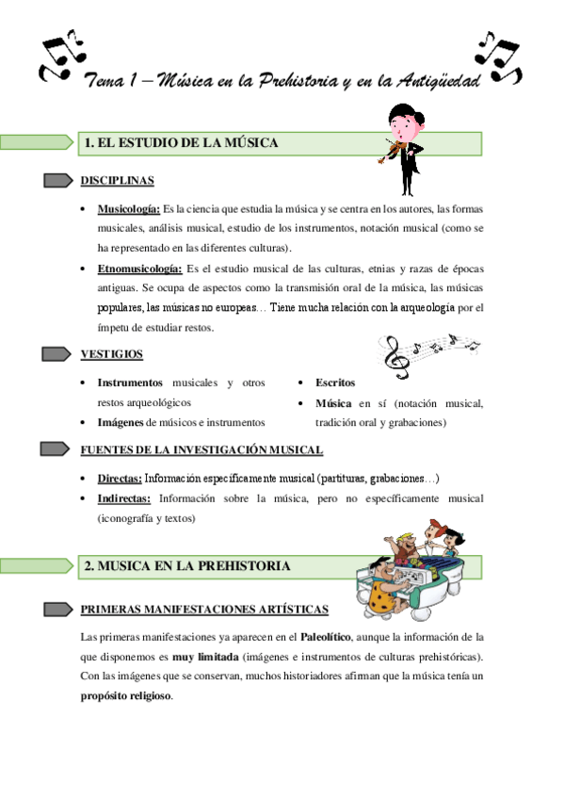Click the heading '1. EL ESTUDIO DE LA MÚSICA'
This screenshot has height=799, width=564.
(x=181, y=143)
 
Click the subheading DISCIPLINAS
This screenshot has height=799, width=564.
(x=118, y=180)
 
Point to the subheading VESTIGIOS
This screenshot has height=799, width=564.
(x=112, y=353)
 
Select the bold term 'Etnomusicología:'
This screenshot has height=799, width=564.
(x=140, y=269)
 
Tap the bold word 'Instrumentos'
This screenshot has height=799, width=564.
(x=130, y=383)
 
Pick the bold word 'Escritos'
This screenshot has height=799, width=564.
(x=335, y=383)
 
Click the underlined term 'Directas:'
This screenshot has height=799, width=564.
(x=120, y=478)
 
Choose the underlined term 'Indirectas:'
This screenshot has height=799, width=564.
(x=124, y=497)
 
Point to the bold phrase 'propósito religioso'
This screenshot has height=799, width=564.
(x=127, y=696)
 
